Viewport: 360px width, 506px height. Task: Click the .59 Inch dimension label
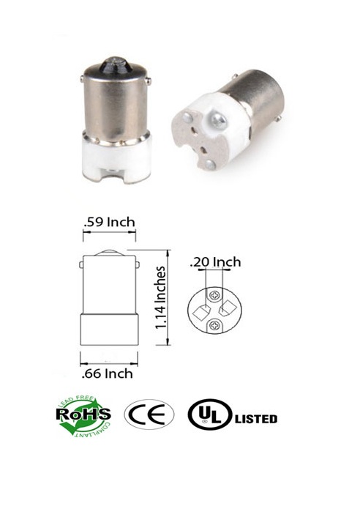point(107,221)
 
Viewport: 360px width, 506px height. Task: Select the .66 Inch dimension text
point(106,374)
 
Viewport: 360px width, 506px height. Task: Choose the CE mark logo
point(149,415)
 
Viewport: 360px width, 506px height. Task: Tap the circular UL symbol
point(208,415)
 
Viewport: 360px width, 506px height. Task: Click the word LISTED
point(255,419)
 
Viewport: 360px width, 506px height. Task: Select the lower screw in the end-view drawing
point(214,324)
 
